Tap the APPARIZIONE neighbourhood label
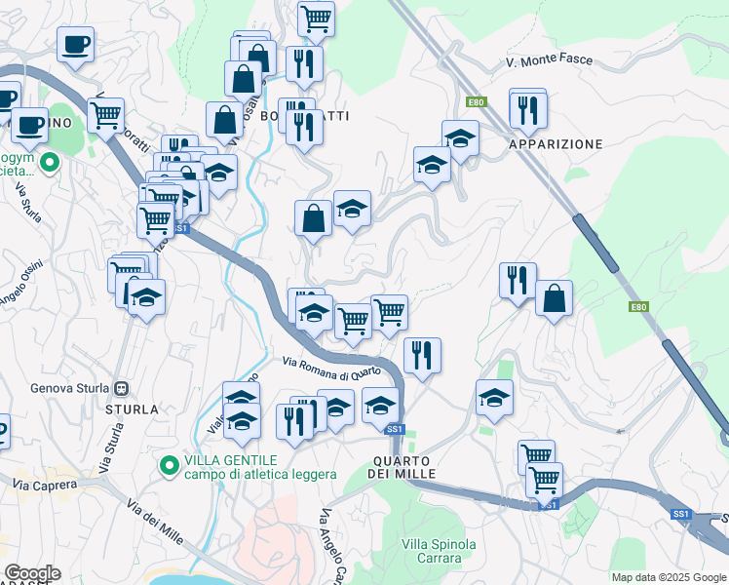[x=556, y=144]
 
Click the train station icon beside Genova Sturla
[x=122, y=388]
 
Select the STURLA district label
[x=130, y=409]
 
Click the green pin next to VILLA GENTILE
[x=169, y=467]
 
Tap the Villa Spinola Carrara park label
[x=439, y=552]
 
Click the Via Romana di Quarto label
[x=331, y=369]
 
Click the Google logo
[x=32, y=573]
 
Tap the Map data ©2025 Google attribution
[x=669, y=577]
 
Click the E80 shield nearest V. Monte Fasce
[x=475, y=102]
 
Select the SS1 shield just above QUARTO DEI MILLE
[x=395, y=429]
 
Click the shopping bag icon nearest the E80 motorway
[x=554, y=299]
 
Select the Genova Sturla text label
[x=67, y=388]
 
